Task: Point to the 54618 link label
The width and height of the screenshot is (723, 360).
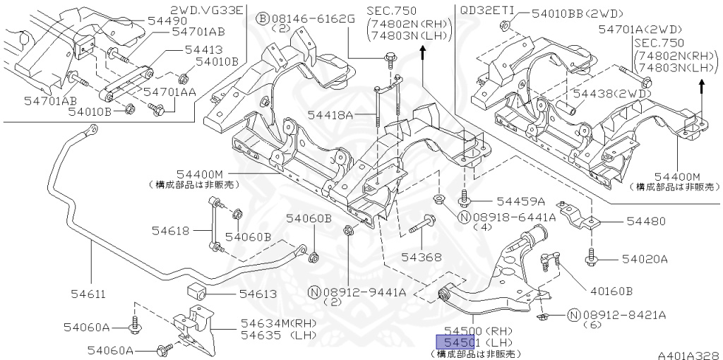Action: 170,230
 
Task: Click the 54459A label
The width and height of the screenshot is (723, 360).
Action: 521,201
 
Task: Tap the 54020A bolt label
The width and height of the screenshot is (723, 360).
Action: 645,259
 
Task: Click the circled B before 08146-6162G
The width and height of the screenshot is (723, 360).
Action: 261,18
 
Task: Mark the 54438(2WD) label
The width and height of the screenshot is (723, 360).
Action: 610,93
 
